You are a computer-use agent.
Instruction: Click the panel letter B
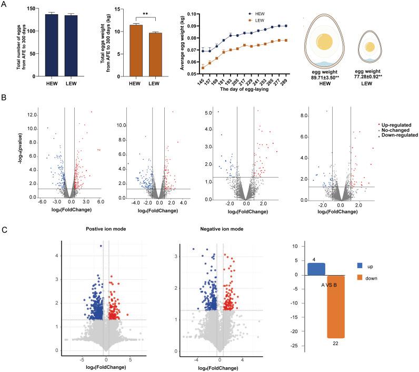click(x=5, y=98)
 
